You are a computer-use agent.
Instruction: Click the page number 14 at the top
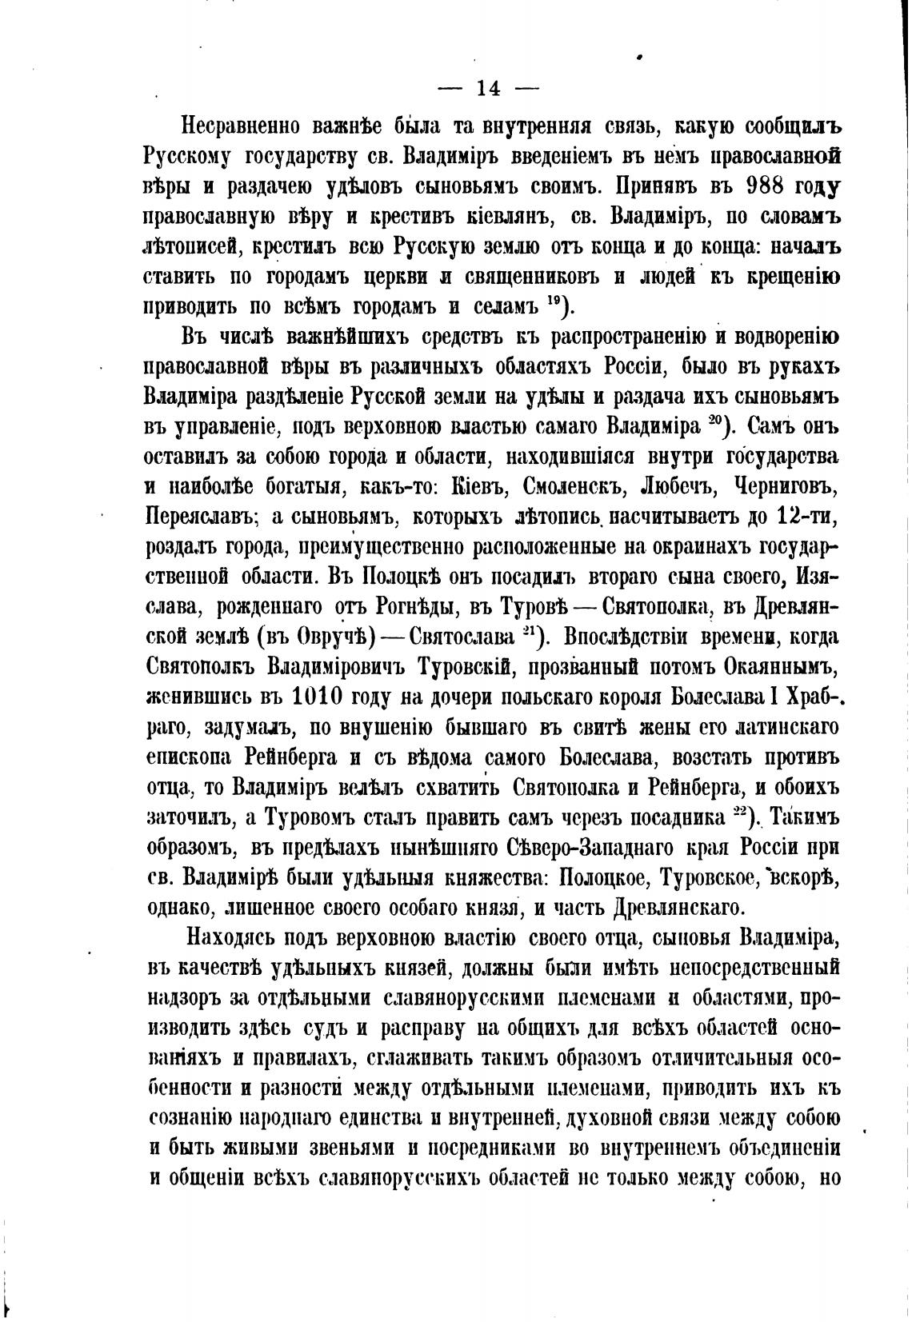click(487, 89)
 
